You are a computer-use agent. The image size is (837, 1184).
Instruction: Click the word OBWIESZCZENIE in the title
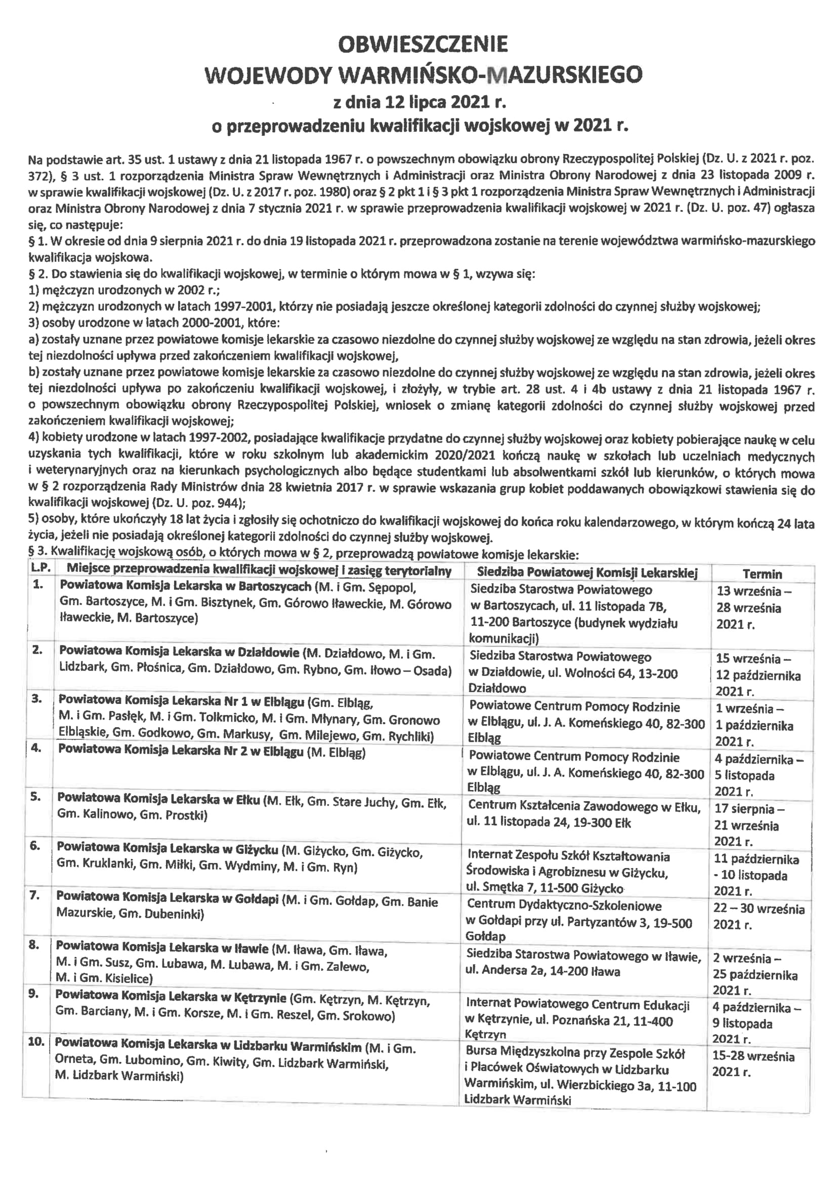click(x=422, y=45)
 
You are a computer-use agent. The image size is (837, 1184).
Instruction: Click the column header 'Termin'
click(x=762, y=574)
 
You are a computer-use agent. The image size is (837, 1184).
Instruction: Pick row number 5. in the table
click(x=35, y=797)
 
